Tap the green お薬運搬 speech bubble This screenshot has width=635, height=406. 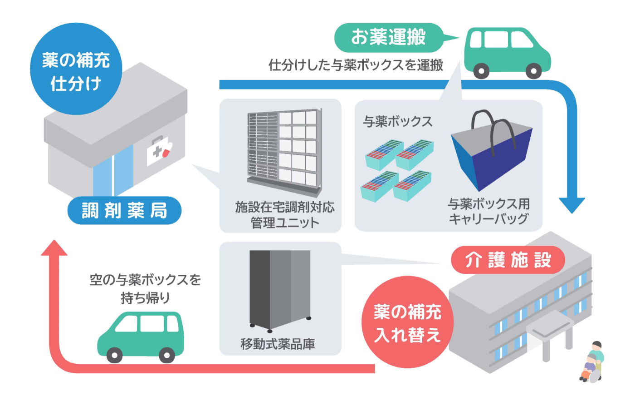[388, 37]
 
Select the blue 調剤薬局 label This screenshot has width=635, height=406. [124, 211]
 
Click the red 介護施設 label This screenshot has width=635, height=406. [508, 260]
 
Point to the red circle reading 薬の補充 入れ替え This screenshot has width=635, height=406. [407, 322]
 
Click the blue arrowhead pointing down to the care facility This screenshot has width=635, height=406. [571, 205]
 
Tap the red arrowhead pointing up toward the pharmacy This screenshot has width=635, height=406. [54, 248]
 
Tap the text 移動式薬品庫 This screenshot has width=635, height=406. [278, 344]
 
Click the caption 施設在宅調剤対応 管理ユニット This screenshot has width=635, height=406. [284, 214]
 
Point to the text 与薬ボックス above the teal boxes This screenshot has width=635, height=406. [398, 121]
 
